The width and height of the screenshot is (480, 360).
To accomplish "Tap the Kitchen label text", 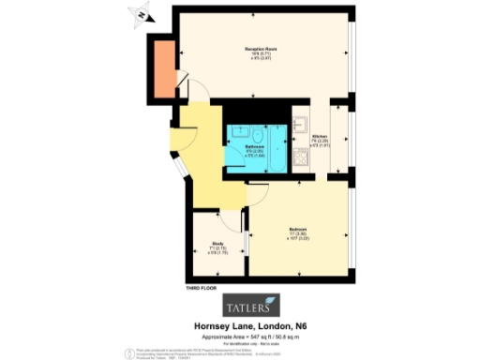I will coord(320,138).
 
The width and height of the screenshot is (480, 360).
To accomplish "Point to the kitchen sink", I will coord(301,123).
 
